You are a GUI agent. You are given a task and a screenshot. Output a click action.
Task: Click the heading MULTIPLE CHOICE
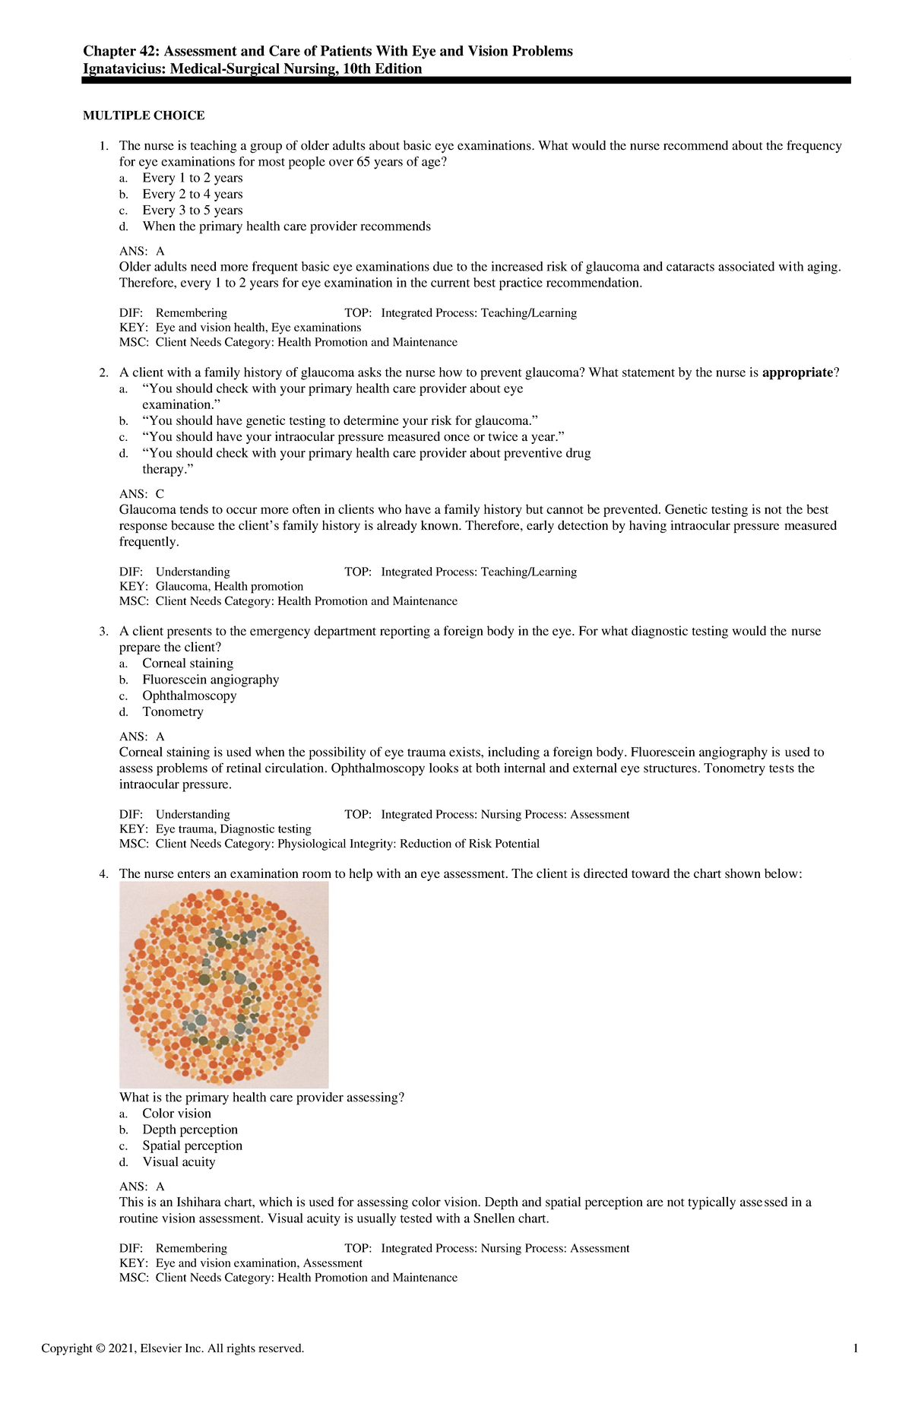pos(144,116)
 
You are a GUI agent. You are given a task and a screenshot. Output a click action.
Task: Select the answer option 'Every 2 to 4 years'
pos(192,194)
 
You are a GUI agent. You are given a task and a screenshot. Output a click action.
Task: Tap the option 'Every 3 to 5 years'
pos(192,210)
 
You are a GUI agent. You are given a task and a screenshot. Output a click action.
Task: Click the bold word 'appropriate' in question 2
pos(797,372)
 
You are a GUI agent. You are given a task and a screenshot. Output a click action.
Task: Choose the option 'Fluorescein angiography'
pos(211,680)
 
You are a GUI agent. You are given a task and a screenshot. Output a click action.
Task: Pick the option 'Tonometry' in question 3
pos(173,711)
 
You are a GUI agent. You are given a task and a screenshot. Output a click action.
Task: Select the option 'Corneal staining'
pos(188,664)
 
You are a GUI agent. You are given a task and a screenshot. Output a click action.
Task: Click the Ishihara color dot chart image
pos(223,984)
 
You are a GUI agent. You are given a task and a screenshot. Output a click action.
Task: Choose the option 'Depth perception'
pos(190,1130)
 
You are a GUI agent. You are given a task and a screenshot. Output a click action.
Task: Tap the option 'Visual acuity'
pos(179,1161)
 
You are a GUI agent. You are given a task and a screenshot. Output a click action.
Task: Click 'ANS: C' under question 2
pos(141,494)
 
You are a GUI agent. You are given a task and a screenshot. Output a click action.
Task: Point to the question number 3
pos(103,632)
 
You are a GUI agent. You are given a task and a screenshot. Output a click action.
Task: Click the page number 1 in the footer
pos(857,1348)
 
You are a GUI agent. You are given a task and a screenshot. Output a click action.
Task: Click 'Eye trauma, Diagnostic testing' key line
pos(233,829)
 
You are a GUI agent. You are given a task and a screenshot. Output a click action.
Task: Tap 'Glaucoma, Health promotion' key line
pos(229,586)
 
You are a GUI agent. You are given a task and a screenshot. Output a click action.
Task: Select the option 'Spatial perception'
pos(192,1145)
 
